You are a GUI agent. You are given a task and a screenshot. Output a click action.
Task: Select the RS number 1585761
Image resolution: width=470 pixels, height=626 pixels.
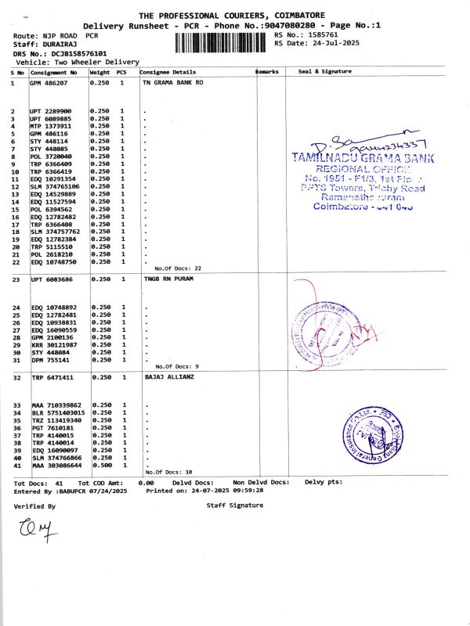pyautogui.click(x=324, y=35)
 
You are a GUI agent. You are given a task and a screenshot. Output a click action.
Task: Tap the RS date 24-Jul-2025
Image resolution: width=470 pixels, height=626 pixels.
pyautogui.click(x=328, y=44)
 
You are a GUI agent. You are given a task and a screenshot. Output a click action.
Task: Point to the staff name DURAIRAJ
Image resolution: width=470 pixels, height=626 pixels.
pyautogui.click(x=58, y=45)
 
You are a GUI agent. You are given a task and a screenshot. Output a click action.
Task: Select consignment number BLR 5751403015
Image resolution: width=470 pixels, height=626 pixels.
pyautogui.click(x=56, y=412)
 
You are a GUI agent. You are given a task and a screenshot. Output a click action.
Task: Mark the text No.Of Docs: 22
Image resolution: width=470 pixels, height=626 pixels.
pyautogui.click(x=178, y=268)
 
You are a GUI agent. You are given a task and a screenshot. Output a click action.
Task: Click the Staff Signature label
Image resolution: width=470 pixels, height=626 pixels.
pyautogui.click(x=234, y=506)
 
